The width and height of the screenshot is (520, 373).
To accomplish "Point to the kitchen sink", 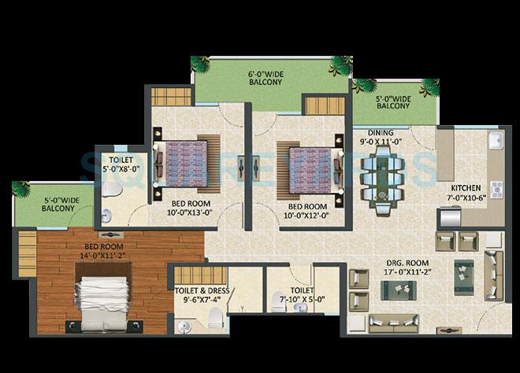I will pyautogui.click(x=496, y=142).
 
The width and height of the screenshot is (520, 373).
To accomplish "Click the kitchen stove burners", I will pyautogui.click(x=497, y=190).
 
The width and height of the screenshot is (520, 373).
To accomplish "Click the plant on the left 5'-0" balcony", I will pyautogui.click(x=21, y=189).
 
